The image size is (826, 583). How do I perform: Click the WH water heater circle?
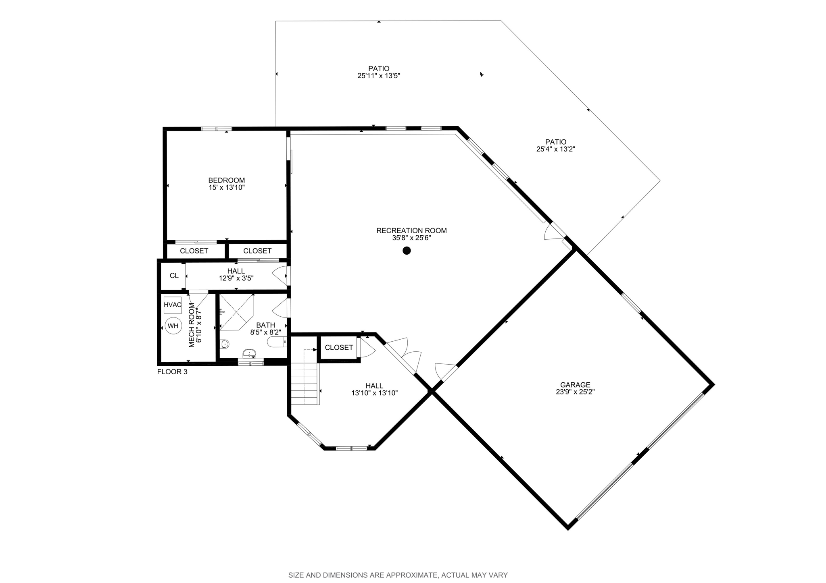click(173, 326)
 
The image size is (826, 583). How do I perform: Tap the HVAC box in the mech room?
click(173, 305)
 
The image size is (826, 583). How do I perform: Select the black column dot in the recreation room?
click(407, 251)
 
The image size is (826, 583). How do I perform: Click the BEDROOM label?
click(227, 180)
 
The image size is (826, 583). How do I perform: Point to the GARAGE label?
click(575, 385)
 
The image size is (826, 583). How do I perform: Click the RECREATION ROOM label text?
click(411, 231)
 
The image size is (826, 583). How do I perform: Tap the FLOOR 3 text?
click(172, 372)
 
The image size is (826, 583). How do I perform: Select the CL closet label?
click(174, 276)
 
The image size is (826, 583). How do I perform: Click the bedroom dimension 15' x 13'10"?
click(227, 187)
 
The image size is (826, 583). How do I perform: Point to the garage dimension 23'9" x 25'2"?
click(575, 392)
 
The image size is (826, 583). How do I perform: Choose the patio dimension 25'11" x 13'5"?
click(379, 76)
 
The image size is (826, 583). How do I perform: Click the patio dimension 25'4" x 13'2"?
click(555, 149)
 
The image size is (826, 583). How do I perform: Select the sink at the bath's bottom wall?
click(249, 354)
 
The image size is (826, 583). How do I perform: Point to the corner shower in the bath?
click(236, 312)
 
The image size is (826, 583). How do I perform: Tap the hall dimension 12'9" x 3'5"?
click(236, 278)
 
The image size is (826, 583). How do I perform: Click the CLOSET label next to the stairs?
click(339, 347)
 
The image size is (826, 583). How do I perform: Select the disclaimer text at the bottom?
click(398, 575)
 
